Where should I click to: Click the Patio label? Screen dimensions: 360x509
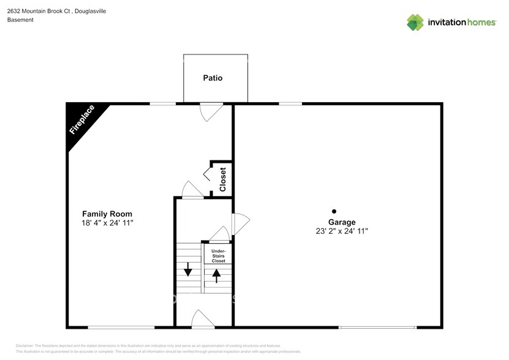point(213,78)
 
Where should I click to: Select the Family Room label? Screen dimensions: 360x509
point(107,214)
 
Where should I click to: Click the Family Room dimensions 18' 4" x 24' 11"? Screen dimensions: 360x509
point(107,223)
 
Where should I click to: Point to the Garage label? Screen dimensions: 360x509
point(341,222)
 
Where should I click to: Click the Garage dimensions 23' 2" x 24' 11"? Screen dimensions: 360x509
point(341,231)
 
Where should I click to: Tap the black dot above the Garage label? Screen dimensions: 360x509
point(334,211)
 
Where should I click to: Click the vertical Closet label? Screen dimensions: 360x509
point(222,179)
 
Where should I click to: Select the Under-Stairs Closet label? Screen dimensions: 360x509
point(218,256)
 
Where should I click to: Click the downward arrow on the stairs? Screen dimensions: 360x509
point(187,268)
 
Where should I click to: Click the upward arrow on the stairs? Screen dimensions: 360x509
point(216,276)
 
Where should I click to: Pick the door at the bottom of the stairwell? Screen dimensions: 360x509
point(203,320)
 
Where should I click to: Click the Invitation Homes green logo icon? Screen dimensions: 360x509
point(415,22)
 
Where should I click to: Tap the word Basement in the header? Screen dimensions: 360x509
point(20,20)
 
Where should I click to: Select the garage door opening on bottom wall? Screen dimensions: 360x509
point(378,328)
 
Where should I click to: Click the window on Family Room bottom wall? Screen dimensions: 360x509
point(121,328)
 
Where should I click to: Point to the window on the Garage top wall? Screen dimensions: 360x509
point(290,103)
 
